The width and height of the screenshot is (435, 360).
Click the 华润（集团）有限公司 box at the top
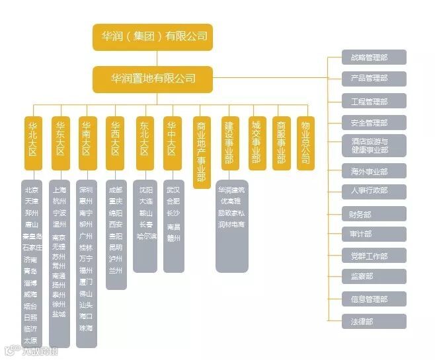coord(151,36)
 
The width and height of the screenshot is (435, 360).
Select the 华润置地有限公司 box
coord(153,79)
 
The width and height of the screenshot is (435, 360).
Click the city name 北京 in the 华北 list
coord(31,190)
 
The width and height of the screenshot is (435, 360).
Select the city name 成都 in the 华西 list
coord(115,190)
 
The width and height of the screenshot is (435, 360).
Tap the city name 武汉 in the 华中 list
coord(173,190)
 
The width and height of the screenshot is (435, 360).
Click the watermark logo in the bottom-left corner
coord(10,350)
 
